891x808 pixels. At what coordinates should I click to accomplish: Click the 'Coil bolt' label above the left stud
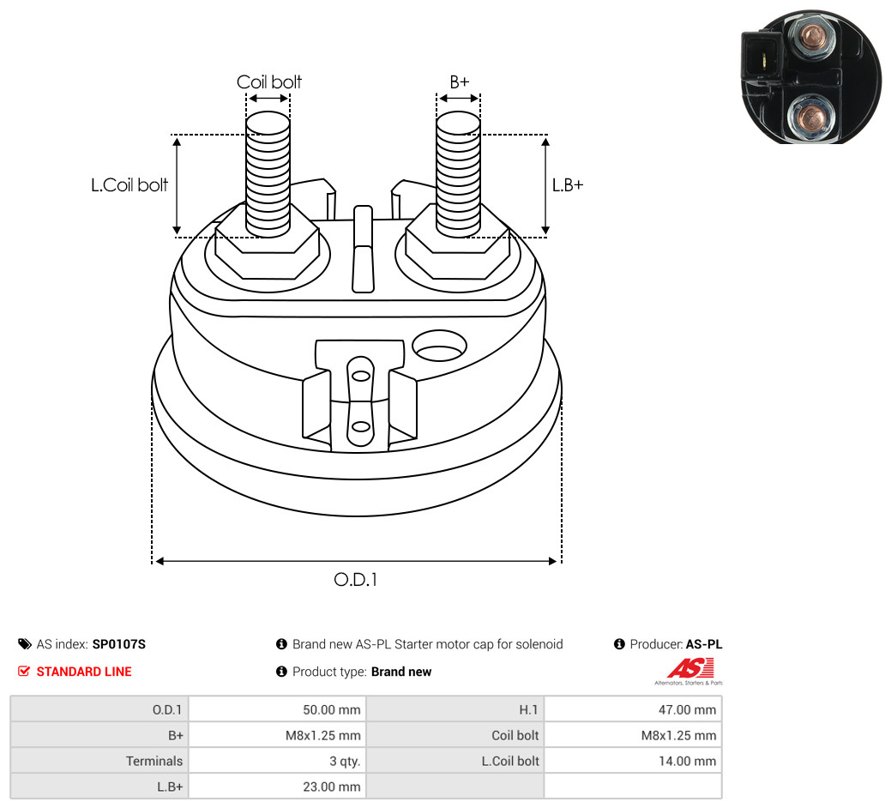point(268,81)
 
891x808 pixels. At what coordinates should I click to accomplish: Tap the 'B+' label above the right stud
point(459,81)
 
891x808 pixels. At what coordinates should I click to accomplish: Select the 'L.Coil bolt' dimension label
point(129,184)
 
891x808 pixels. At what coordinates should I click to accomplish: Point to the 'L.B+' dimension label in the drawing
point(568,184)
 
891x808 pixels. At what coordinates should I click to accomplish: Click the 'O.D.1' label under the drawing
point(356,580)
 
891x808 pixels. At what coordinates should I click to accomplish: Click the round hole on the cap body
point(439,346)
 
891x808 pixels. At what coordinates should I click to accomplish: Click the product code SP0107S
point(118,644)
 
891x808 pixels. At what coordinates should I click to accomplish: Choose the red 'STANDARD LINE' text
point(84,672)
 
